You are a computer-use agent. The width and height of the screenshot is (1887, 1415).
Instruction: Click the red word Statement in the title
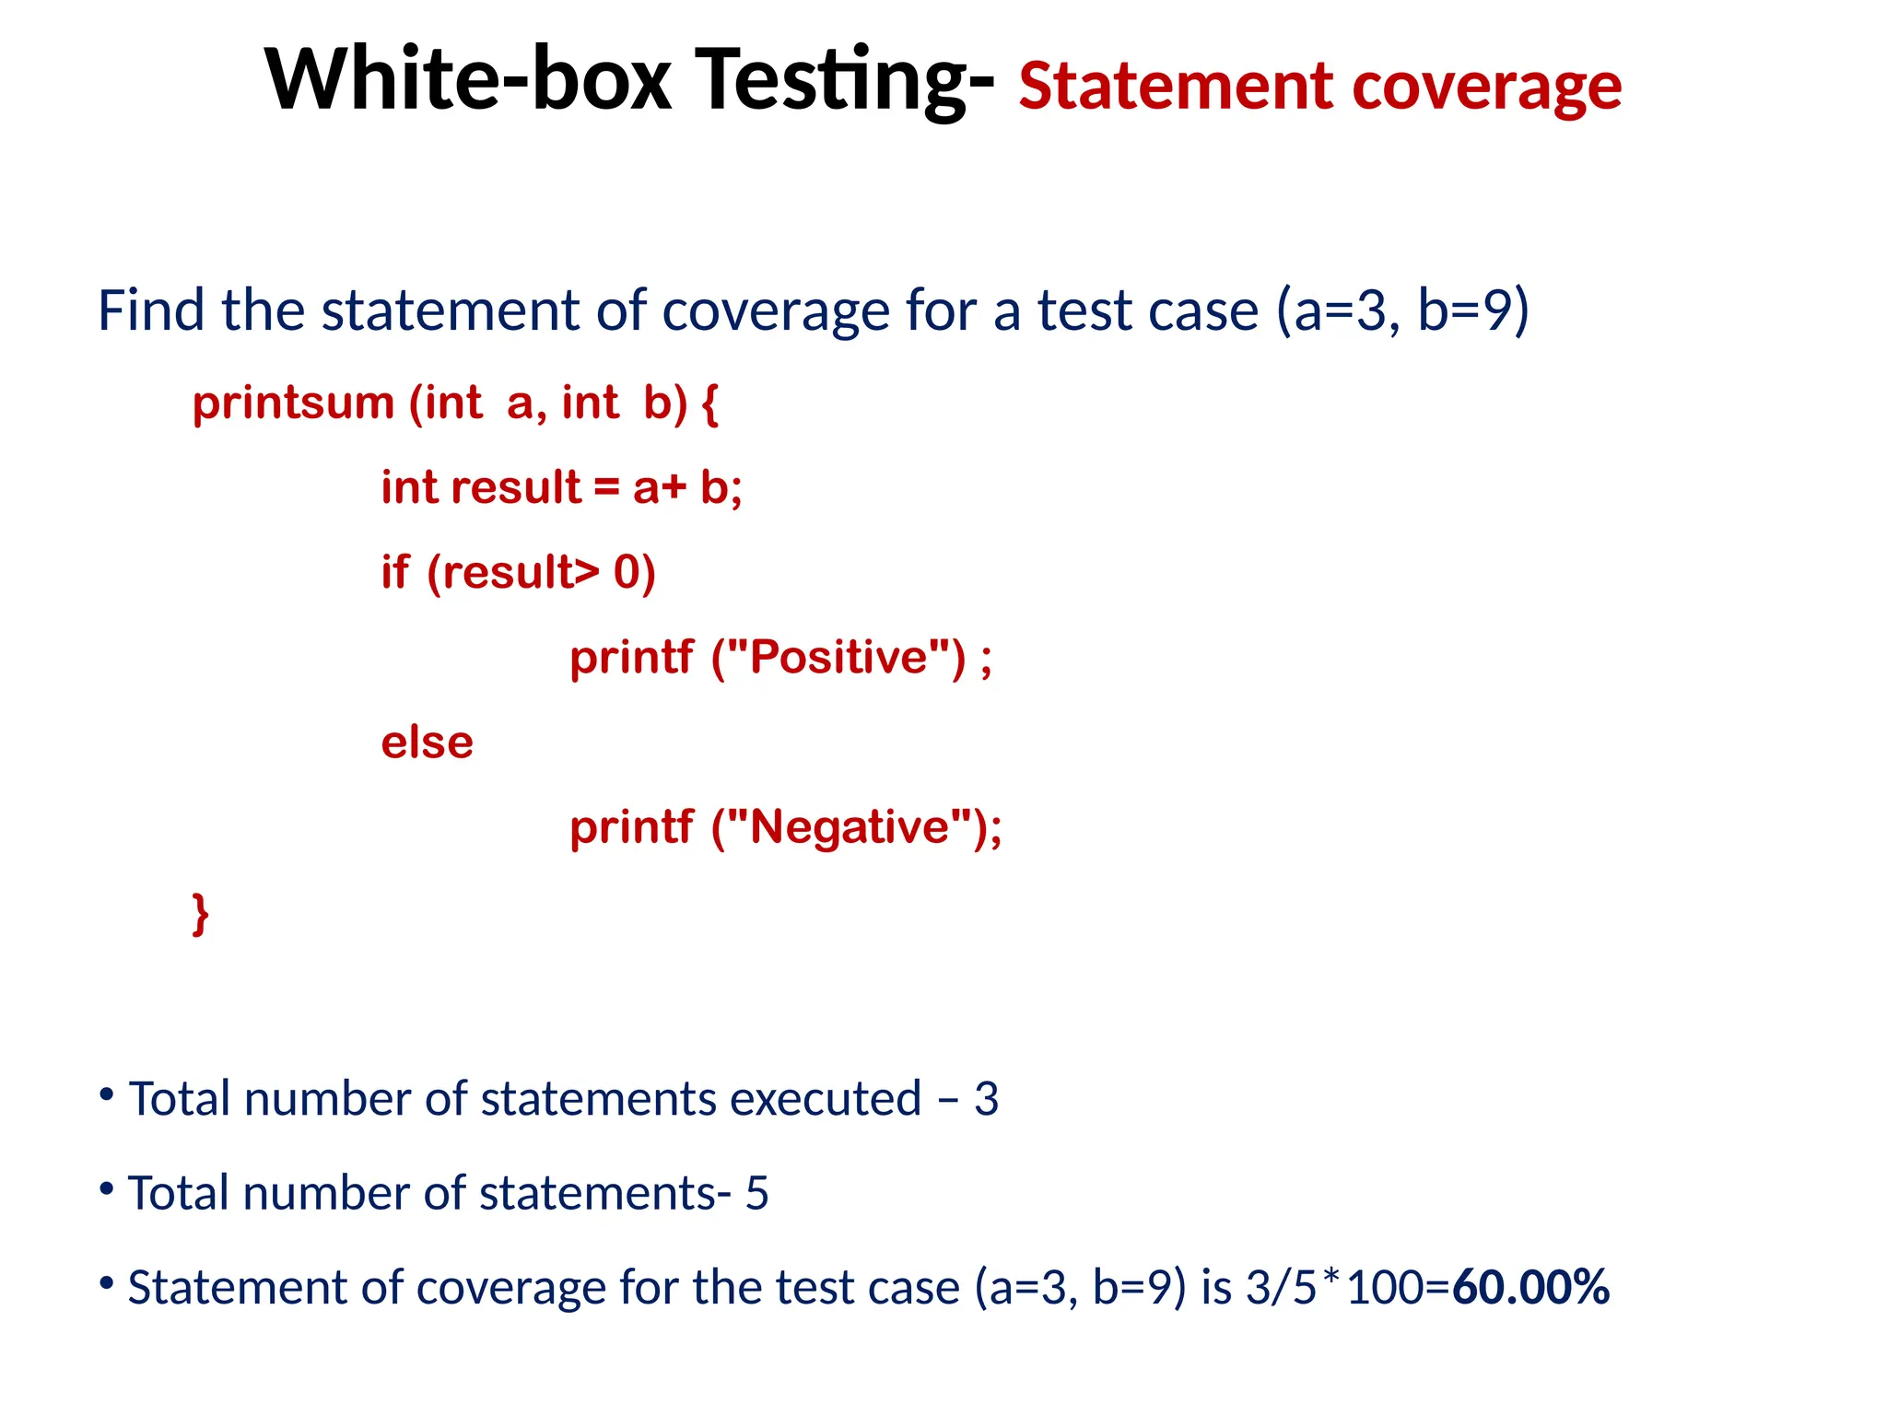click(x=1176, y=87)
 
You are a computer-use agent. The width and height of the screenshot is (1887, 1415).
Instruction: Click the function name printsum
click(x=293, y=403)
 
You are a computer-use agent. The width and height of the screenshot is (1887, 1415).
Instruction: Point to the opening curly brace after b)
click(x=709, y=403)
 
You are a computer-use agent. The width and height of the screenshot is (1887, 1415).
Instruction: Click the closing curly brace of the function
click(x=200, y=914)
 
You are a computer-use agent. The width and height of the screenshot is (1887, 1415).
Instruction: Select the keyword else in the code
click(x=427, y=742)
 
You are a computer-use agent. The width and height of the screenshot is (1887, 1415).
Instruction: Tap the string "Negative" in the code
click(x=849, y=827)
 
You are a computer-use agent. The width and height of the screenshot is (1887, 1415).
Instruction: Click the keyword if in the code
click(x=394, y=573)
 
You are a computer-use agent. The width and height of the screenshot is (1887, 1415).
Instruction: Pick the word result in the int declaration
click(x=516, y=487)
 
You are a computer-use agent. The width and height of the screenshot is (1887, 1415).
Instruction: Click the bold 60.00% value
click(x=1530, y=1287)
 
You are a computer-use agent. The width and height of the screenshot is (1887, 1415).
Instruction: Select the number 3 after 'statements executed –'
click(x=986, y=1099)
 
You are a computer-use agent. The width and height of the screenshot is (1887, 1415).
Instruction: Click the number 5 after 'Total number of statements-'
click(x=756, y=1193)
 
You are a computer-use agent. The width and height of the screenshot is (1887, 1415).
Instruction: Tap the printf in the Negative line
click(x=631, y=827)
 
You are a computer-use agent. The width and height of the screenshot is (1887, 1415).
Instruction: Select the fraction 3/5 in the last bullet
click(x=1281, y=1287)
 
